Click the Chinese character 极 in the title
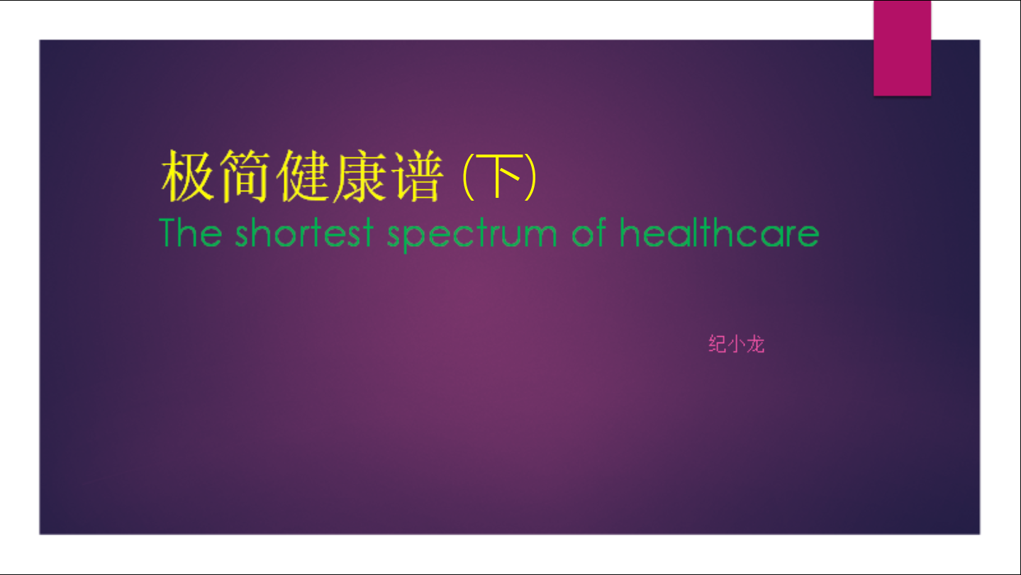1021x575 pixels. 187,175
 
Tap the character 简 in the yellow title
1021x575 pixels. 245,175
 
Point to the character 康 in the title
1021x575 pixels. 361,175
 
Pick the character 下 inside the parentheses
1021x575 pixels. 498,176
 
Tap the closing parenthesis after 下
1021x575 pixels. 530,177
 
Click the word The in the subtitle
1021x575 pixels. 191,233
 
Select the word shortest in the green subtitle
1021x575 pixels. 304,233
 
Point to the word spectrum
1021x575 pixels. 472,235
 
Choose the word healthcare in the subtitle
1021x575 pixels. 719,232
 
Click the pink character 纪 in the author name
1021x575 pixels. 718,344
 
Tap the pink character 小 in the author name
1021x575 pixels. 737,344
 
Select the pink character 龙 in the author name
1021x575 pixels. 755,344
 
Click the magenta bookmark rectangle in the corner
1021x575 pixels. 902,48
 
